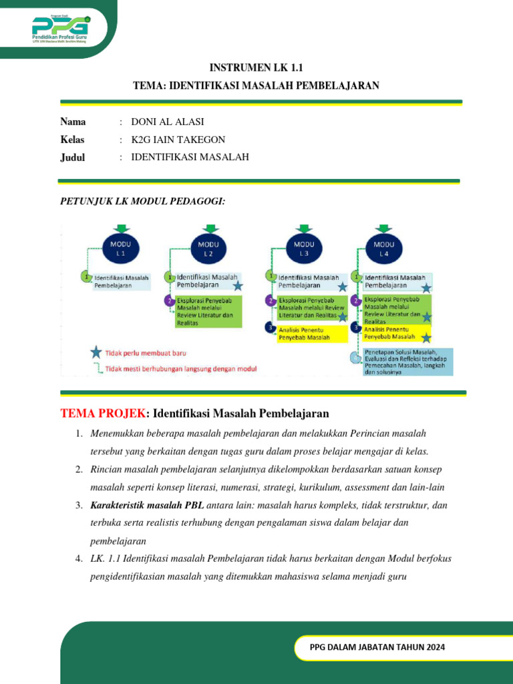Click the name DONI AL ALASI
tap(168, 122)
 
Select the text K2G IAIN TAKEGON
tap(178, 140)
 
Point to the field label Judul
tap(73, 157)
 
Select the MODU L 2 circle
tap(208, 249)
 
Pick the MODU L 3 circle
tap(304, 249)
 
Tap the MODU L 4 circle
tap(383, 249)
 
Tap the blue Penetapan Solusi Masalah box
tap(406, 361)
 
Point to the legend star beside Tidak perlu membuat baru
tap(97, 352)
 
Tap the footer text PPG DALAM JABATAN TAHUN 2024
tap(377, 647)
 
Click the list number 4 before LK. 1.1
tap(78, 558)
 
